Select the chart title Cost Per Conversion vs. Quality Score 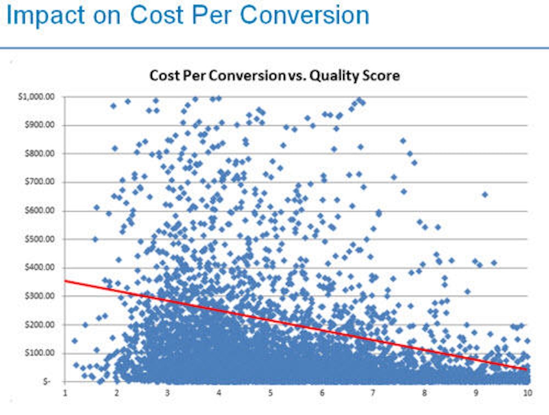pos(274,76)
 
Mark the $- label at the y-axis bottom pos(49,382)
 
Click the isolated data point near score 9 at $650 pos(485,195)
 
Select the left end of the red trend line pos(66,281)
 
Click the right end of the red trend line pos(526,369)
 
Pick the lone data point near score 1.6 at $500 pos(95,239)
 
